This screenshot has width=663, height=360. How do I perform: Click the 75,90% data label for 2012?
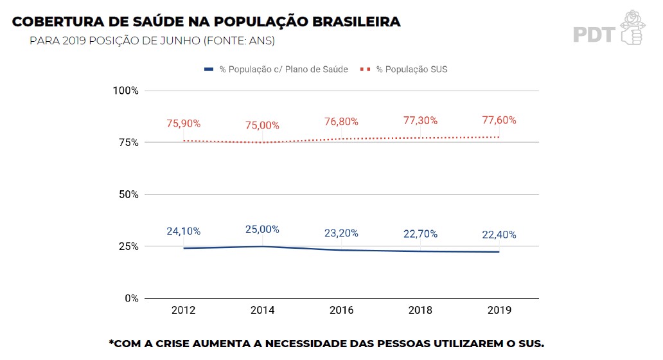(x=184, y=123)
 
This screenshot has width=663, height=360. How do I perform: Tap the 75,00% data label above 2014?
(x=262, y=125)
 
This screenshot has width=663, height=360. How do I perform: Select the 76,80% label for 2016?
(x=341, y=122)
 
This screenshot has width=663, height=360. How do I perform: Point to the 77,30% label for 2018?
(x=420, y=120)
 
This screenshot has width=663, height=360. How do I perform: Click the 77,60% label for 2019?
(x=499, y=120)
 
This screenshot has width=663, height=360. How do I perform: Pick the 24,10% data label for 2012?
(x=184, y=231)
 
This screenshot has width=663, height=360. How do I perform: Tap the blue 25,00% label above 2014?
(x=262, y=230)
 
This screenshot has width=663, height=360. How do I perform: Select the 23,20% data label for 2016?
(x=341, y=233)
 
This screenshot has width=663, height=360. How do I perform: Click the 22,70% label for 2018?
(x=420, y=234)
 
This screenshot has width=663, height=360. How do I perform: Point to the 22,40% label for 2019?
(x=499, y=235)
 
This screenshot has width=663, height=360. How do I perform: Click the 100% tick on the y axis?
(x=125, y=90)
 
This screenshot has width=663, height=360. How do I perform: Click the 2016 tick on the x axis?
(x=341, y=310)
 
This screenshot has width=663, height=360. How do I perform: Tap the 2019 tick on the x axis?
(x=499, y=310)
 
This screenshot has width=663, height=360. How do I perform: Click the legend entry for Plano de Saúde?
(x=283, y=69)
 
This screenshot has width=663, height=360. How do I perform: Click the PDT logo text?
(x=594, y=34)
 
